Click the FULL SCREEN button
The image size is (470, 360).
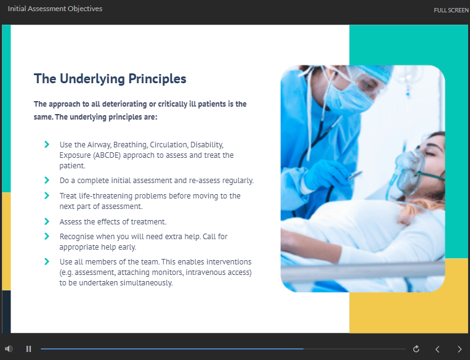(451, 10)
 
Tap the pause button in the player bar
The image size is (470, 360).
(29, 349)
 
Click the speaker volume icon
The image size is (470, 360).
(9, 349)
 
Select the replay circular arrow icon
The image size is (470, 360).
(416, 349)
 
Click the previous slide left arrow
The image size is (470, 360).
(437, 349)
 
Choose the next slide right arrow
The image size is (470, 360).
(460, 349)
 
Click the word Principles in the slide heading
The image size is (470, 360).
(157, 79)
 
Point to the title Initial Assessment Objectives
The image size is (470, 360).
(55, 9)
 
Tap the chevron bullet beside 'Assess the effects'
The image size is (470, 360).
(47, 221)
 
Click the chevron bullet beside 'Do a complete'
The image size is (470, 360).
(47, 180)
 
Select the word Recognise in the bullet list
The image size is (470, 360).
(77, 237)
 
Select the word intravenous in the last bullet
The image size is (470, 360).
(205, 272)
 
